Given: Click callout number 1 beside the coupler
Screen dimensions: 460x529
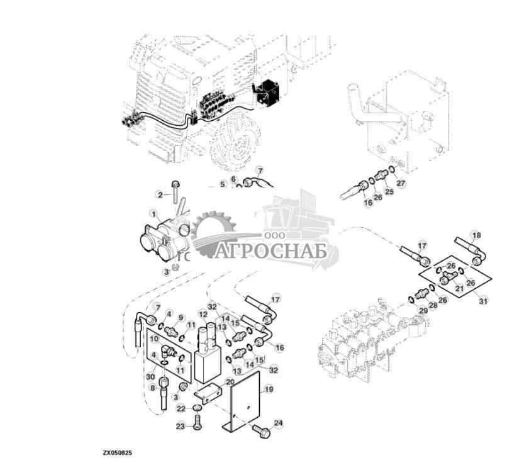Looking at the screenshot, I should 152,213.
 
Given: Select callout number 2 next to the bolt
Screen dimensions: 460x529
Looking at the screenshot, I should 160,194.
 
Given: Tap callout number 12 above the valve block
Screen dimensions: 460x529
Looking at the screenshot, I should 203,313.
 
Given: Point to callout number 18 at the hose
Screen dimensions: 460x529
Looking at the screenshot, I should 476,235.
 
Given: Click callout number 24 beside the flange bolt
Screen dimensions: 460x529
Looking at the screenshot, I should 279,423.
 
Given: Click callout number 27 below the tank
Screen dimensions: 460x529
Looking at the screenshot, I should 401,184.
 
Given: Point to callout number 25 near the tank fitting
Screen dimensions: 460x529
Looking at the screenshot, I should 389,191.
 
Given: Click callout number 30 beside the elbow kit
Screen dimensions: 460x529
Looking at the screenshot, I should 150,376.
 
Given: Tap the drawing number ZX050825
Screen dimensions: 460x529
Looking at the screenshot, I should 118,452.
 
